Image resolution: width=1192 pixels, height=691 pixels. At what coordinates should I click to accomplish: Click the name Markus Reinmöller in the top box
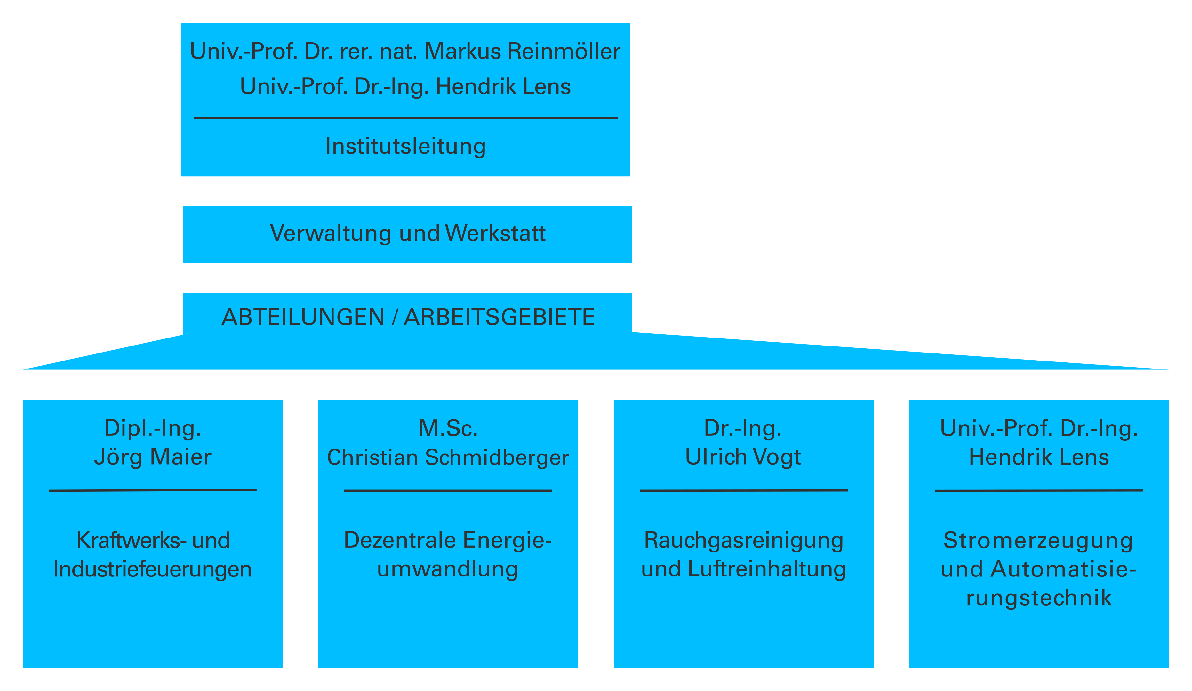[x=522, y=51]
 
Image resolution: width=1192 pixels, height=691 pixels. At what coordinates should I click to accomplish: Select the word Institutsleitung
[x=405, y=146]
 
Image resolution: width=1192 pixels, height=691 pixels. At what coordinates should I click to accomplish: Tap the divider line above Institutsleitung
[x=406, y=118]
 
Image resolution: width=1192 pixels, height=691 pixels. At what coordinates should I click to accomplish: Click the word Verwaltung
[x=331, y=233]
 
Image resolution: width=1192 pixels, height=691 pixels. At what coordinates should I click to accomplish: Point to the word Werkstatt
[x=495, y=233]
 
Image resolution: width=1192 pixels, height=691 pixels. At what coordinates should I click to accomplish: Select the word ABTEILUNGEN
[x=303, y=317]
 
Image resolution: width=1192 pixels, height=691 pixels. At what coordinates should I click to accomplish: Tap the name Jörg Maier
[x=153, y=457]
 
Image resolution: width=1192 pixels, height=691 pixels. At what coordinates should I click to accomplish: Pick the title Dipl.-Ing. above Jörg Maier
[x=153, y=428]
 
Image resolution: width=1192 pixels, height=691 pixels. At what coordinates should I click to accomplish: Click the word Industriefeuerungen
[x=153, y=569]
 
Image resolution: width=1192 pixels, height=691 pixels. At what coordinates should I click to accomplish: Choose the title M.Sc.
[x=448, y=428]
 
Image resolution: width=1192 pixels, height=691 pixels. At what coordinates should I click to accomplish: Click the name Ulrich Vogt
[x=743, y=457]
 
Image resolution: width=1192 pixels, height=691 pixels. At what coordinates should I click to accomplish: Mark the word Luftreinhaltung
[x=767, y=569]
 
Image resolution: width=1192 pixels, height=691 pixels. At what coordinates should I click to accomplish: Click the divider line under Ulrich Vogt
[x=744, y=490]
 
